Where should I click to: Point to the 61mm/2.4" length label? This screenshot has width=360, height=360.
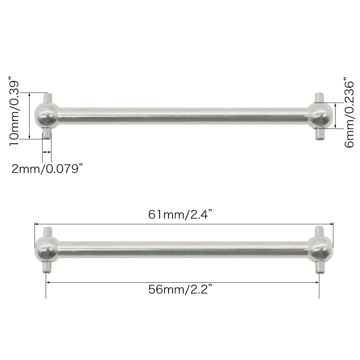[180, 215]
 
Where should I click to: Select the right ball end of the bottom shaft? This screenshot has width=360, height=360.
[319, 249]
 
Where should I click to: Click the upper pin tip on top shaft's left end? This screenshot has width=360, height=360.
[47, 98]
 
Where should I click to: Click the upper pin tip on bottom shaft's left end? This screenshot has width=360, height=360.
[47, 231]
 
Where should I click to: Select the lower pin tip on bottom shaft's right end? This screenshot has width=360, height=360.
[319, 267]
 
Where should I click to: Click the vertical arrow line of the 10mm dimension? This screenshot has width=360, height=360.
[30, 115]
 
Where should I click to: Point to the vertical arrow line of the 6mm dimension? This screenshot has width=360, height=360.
[336, 115]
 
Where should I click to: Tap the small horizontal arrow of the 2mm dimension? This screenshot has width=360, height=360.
[47, 152]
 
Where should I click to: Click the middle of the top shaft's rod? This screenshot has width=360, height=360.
[183, 115]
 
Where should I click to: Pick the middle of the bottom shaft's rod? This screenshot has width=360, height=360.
[183, 249]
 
